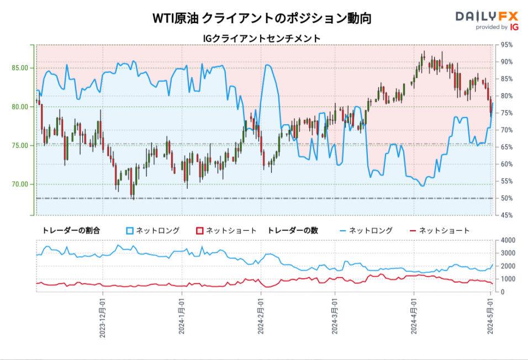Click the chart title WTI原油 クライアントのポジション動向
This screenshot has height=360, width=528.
click(262, 18)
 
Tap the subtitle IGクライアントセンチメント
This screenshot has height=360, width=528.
click(261, 39)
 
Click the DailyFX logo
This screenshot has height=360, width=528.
click(487, 20)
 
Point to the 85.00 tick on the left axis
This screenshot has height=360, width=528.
click(20, 68)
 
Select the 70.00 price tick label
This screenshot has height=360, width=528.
click(20, 184)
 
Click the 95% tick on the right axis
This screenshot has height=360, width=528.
click(506, 45)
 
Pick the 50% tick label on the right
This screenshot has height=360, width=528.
click(506, 198)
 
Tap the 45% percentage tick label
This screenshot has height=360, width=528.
click(506, 215)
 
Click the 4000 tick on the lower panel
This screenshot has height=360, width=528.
click(508, 240)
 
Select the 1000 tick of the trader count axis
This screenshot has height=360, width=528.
click(508, 279)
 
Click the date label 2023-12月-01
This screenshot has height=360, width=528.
click(102, 317)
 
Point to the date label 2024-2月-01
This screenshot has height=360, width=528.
click(261, 316)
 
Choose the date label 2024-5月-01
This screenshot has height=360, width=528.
click(490, 316)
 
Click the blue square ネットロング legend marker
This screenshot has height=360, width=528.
click(130, 231)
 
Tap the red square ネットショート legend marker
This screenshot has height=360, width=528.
click(200, 231)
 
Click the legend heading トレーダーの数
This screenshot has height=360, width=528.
click(293, 231)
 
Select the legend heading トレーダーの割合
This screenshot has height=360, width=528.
click(71, 231)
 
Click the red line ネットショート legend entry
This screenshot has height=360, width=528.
click(440, 231)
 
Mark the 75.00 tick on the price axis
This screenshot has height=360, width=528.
click(20, 146)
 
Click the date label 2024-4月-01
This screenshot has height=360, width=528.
click(414, 316)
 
